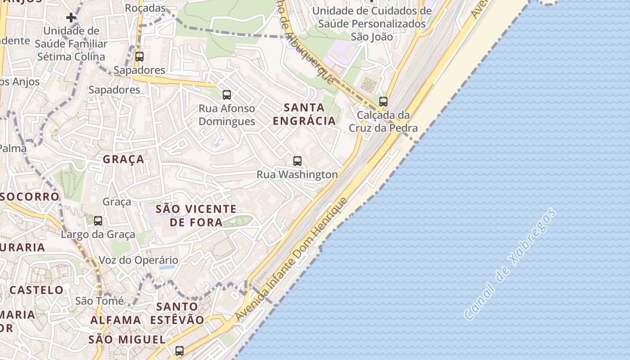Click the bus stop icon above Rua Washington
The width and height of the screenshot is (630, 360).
point(297,161)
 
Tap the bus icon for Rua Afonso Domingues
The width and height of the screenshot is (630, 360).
point(227,95)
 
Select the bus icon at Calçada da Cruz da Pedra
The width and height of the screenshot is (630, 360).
point(383,102)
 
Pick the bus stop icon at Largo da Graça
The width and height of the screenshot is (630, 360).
point(98,221)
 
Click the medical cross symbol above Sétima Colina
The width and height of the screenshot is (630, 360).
point(71,18)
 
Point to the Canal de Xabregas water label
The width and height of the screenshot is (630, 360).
point(509,264)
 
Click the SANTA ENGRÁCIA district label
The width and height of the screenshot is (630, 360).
point(304,114)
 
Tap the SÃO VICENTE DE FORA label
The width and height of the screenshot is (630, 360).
point(196,216)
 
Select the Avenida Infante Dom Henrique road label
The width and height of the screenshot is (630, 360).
point(292,260)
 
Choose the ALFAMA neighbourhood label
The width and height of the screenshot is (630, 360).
point(116,320)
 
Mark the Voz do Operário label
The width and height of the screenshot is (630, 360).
point(138,260)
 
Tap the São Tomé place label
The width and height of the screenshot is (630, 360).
point(99,301)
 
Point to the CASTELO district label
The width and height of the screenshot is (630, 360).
point(36,290)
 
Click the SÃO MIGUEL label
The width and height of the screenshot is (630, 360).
point(127,340)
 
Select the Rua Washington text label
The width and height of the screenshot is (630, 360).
point(297,174)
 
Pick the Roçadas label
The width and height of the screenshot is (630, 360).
point(145,8)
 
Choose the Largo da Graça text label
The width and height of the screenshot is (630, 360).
point(98,234)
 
